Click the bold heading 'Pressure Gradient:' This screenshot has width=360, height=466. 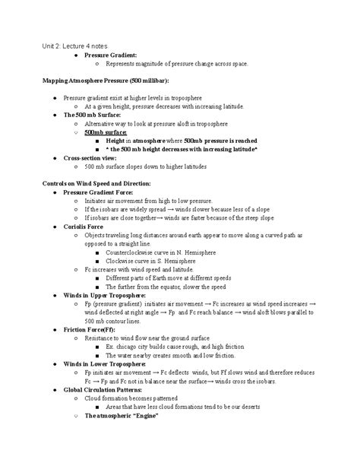[x=111, y=55]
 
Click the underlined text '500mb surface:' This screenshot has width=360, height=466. [x=106, y=132]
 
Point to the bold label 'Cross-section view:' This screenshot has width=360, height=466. [x=93, y=157]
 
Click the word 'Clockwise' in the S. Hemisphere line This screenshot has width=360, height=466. [x=121, y=261]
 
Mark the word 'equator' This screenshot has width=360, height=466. [x=168, y=287]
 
